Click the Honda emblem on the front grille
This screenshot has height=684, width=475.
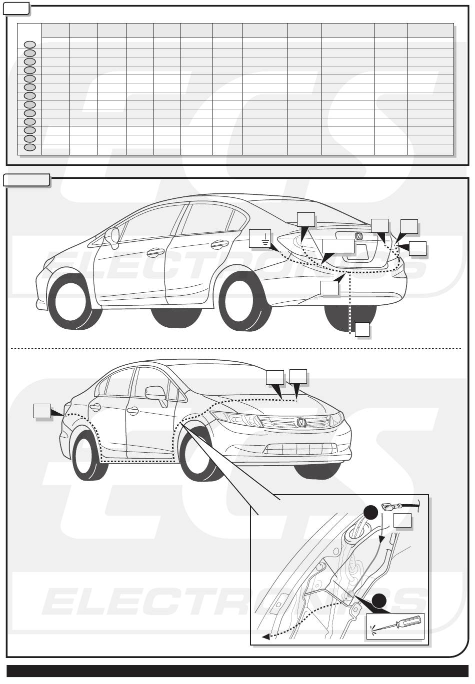point(301,423)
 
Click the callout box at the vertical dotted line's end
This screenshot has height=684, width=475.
point(362,329)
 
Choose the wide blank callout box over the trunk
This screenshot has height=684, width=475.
point(338,246)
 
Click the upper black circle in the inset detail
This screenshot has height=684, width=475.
point(370,513)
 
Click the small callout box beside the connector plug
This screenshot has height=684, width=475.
point(402,520)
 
